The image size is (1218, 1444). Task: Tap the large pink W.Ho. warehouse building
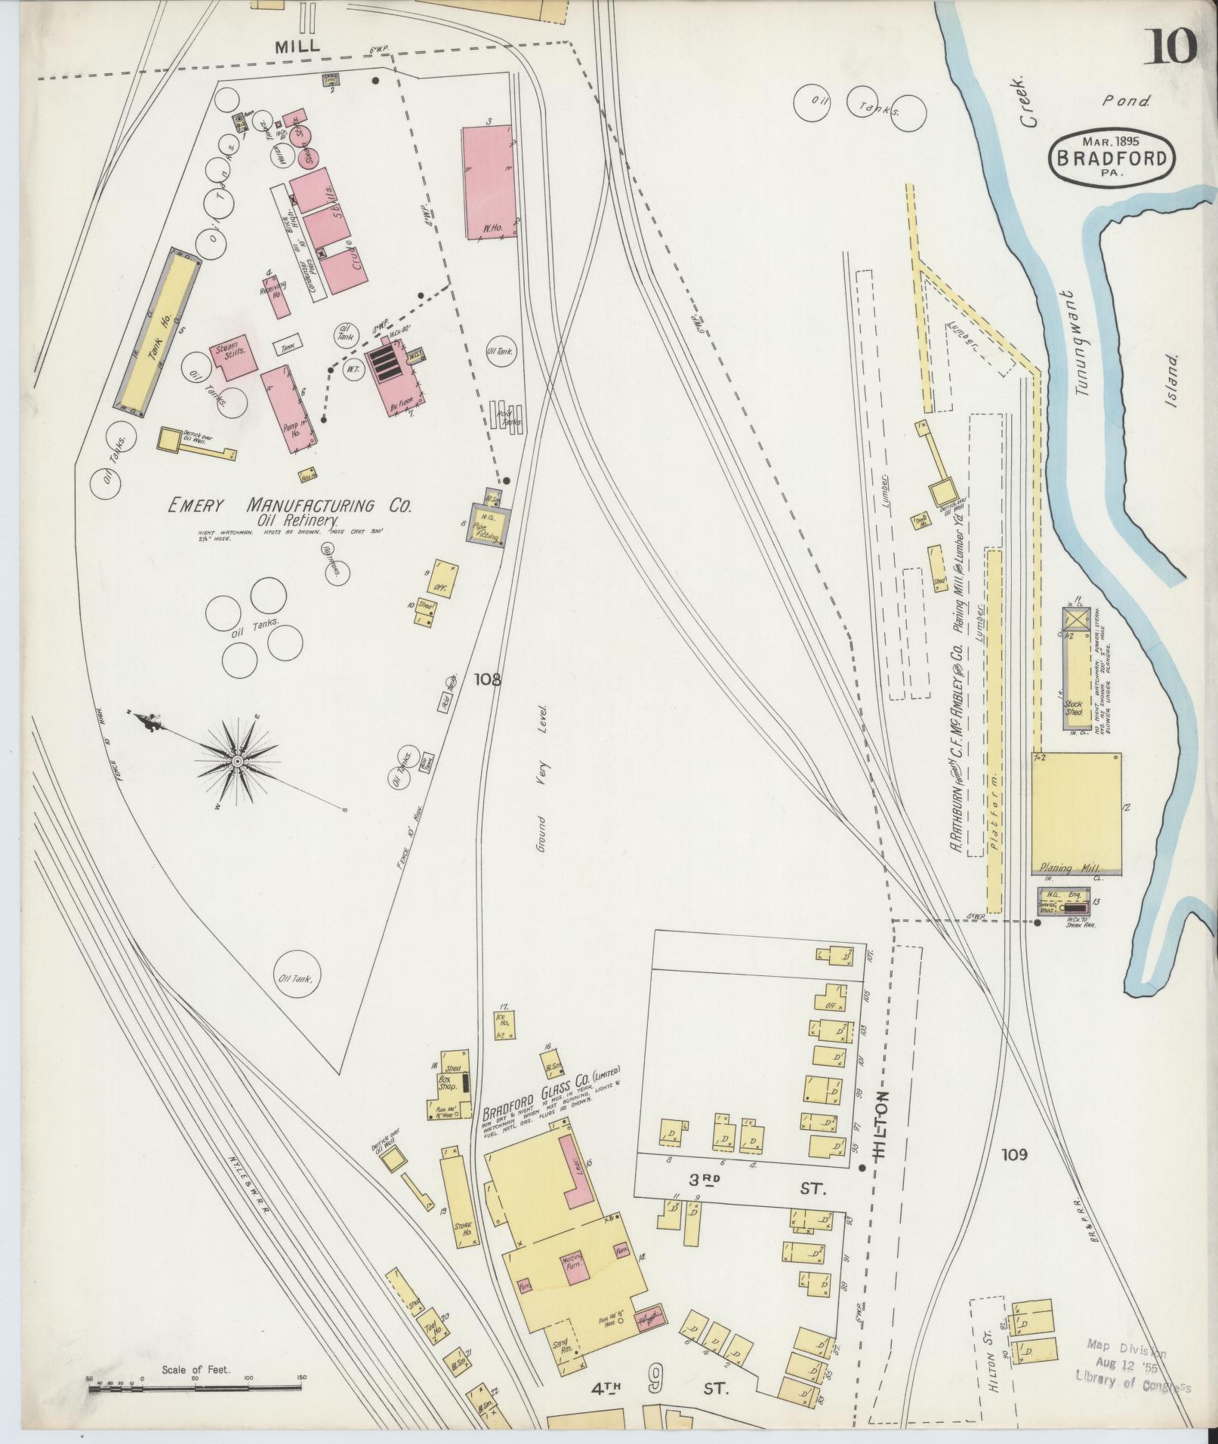point(488,183)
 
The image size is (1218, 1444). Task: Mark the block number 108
point(488,679)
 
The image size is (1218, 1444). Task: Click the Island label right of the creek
point(1173,381)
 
